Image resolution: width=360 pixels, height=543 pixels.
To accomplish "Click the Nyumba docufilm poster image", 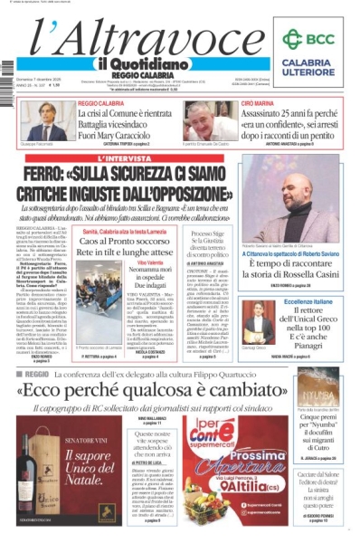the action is click(317, 386).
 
